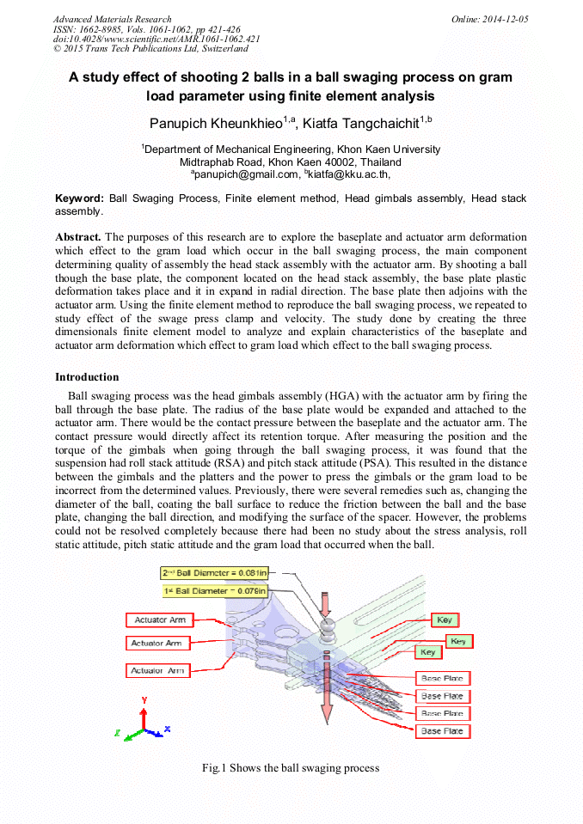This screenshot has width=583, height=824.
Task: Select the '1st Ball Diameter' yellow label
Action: [x=215, y=591]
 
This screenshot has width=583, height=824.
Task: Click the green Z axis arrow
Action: [x=126, y=735]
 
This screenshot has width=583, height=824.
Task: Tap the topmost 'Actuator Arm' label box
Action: [x=159, y=620]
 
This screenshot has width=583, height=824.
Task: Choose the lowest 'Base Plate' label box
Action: [x=442, y=731]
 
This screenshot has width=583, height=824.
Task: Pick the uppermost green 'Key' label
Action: [x=444, y=620]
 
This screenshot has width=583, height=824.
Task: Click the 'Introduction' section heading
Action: [x=87, y=377]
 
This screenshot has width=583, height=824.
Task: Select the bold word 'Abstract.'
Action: [x=78, y=236]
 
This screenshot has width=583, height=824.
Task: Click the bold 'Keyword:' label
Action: [x=79, y=198]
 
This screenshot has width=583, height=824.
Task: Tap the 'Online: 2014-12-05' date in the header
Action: [x=489, y=19]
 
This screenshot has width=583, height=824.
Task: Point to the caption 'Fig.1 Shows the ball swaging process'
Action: [x=291, y=767]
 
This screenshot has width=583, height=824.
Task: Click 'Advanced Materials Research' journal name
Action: [x=112, y=19]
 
